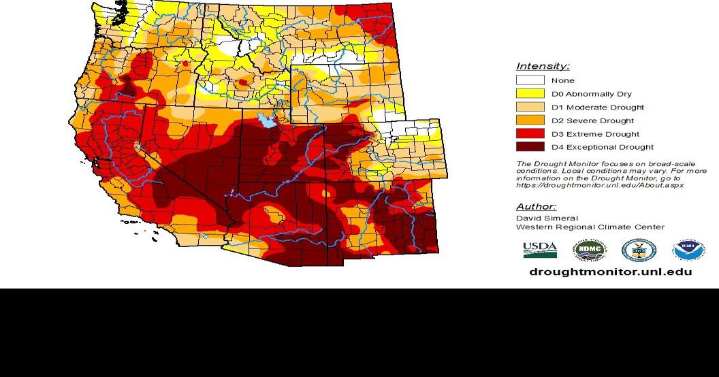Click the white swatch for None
pos(530,80)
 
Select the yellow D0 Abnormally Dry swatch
pos(530,94)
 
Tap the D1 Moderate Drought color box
pos(530,107)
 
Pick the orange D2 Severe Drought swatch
pos(530,120)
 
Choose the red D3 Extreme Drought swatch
pos(530,133)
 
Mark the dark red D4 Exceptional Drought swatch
pos(530,147)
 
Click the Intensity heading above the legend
pos(543,66)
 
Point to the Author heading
pos(536,207)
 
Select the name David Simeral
pos(547,218)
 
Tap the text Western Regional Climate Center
pos(590,227)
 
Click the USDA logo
pos(540,250)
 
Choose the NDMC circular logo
pos(589,250)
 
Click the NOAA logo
pos(688,250)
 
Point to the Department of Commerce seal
pos(639,250)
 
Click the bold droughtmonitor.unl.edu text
pos(610,272)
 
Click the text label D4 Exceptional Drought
pos(603,147)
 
